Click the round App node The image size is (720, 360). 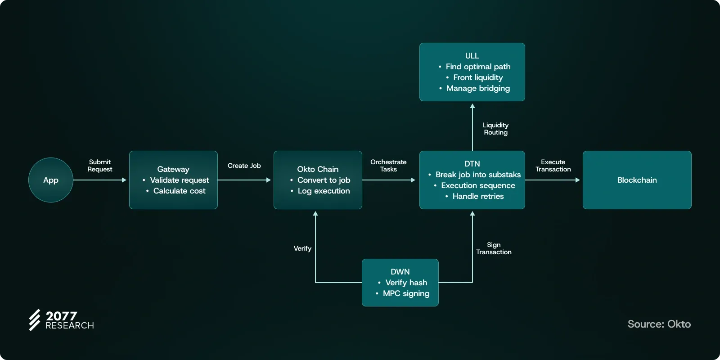coord(51,180)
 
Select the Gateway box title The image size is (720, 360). coord(173,169)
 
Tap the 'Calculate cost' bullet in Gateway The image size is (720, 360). coord(179,191)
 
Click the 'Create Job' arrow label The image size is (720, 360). coord(244,166)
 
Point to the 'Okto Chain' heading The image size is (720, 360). coord(318,169)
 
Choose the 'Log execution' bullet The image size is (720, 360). coord(324,191)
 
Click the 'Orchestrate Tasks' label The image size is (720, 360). coord(388,166)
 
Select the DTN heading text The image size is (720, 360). coord(472,164)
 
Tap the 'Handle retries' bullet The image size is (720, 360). coord(478,196)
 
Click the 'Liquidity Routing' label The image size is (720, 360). coord(495,129)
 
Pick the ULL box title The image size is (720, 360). coord(472,56)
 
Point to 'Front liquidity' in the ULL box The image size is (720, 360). coord(478,77)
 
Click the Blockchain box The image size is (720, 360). coord(637,180)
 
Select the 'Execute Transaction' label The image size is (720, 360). coord(553,166)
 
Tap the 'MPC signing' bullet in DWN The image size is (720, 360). coord(406,293)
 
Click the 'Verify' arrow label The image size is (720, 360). coord(302,248)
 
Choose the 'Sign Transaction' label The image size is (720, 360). coord(494,248)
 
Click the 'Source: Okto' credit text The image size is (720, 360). coord(659,324)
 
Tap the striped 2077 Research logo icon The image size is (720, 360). coord(35,320)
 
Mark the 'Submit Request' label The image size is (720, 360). coord(100,166)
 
